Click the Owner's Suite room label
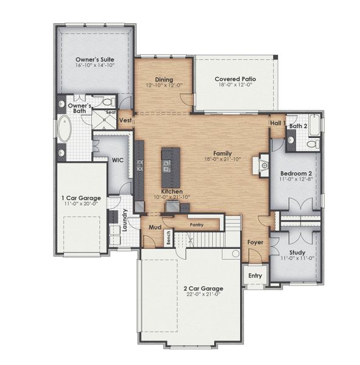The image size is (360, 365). pos(95,58)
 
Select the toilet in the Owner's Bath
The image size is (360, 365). pos(108,102)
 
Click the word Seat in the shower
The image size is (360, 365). pos(111,113)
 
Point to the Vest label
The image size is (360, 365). pos(125,120)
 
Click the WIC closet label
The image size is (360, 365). pos(118,161)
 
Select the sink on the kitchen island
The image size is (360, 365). pos(166,164)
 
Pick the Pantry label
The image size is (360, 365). pos(196,224)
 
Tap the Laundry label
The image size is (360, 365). pos(124,220)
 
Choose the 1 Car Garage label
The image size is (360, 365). pos(81,198)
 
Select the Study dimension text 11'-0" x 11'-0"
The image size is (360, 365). pos(297,258)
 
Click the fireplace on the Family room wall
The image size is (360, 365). pos(263,164)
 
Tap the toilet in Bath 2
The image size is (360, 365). pos(311,144)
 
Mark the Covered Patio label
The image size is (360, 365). pos(235,79)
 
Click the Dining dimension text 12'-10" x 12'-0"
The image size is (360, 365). pos(164,86)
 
